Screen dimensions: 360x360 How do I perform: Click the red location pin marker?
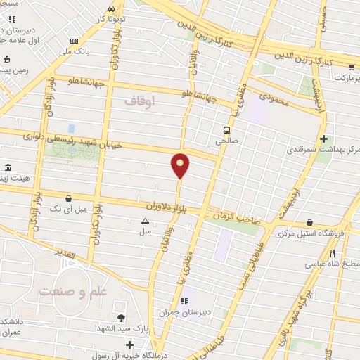tap(181, 165)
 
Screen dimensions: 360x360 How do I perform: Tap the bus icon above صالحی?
tap(226, 130)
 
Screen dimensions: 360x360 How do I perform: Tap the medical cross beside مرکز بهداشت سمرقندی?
tap(323, 139)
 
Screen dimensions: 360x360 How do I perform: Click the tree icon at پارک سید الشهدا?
tap(121, 319)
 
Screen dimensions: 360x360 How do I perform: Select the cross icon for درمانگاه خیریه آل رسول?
tap(130, 345)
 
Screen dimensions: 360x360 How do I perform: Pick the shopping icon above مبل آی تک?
tap(68, 198)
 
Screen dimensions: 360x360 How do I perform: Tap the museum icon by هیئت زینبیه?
tap(8, 167)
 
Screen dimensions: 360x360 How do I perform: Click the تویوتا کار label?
tap(112, 19)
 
